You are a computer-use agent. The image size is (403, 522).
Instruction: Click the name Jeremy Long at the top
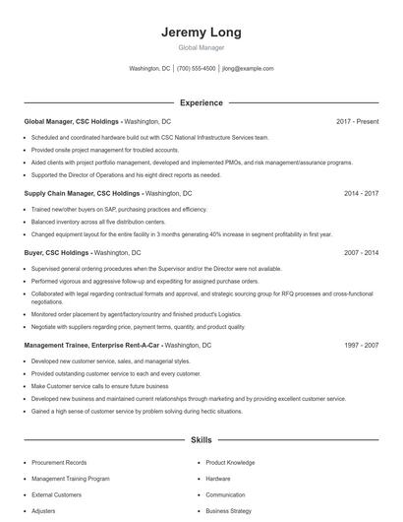[201, 33]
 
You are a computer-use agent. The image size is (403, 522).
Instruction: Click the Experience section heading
[201, 102]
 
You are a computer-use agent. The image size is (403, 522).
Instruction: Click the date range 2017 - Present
[357, 121]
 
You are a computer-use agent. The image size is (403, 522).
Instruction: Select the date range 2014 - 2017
[362, 194]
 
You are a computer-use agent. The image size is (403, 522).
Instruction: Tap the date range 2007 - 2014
[362, 253]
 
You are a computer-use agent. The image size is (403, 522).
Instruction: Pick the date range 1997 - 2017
[362, 346]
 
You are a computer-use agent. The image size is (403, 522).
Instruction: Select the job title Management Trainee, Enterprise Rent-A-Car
[92, 346]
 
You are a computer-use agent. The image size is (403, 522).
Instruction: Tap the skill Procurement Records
[59, 462]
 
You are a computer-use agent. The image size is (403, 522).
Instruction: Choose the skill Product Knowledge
[230, 462]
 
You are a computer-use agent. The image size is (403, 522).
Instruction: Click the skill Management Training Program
[71, 479]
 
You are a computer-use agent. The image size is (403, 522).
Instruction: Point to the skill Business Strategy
[229, 511]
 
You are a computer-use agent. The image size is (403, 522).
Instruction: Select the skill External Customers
[57, 494]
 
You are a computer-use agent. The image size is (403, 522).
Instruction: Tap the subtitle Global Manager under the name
[201, 47]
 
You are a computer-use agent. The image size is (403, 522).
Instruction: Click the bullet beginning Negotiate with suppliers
[138, 326]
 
